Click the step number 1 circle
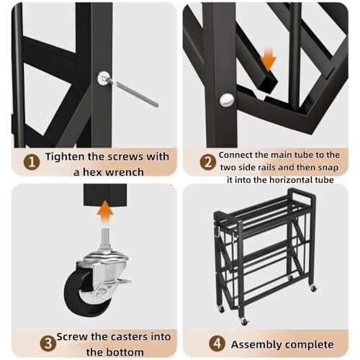click(32, 162)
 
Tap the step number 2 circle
click(207, 162)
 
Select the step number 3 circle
click(48, 343)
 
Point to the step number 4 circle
click(217, 343)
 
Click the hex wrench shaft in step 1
click(135, 93)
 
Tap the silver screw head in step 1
click(104, 78)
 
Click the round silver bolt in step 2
click(227, 100)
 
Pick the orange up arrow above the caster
click(105, 214)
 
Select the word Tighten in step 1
click(65, 157)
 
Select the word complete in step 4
click(310, 345)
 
